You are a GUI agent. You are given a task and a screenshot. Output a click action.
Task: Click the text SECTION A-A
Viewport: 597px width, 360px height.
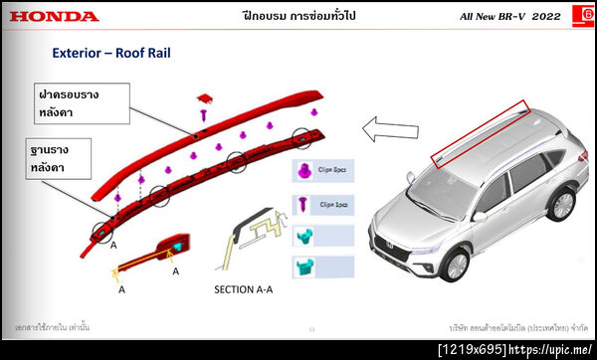click(x=247, y=289)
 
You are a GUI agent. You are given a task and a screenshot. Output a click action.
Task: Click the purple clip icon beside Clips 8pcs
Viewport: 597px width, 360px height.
click(x=304, y=172)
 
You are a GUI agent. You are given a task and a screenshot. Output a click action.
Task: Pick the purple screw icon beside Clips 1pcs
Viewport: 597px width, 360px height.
click(x=303, y=203)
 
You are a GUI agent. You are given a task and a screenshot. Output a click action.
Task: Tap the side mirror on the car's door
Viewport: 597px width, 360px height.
click(x=480, y=213)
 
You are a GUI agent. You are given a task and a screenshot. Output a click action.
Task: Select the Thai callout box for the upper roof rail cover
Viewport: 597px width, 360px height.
click(x=82, y=102)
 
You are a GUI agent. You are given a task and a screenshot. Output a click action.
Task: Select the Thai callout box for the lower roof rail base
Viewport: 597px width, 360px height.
click(x=65, y=159)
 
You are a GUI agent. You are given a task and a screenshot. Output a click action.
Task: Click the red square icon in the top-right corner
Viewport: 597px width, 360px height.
click(x=580, y=16)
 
